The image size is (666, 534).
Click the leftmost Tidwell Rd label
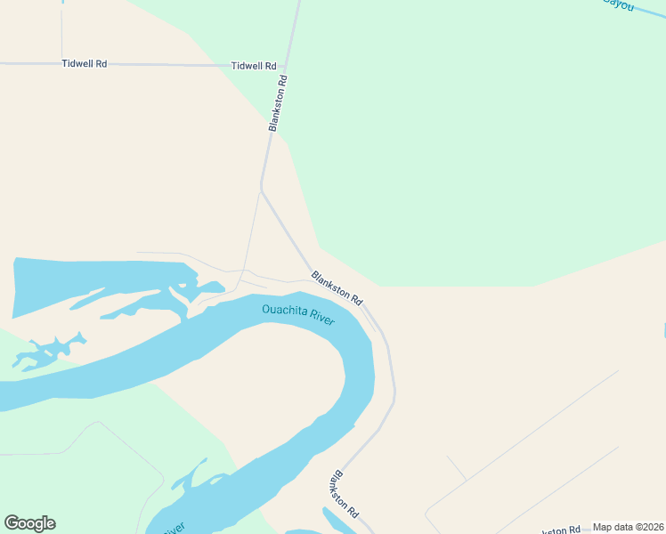(x=84, y=64)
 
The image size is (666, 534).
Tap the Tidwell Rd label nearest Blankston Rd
(x=254, y=66)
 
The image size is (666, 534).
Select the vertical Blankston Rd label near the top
(x=278, y=104)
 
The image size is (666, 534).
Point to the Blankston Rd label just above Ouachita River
(x=337, y=287)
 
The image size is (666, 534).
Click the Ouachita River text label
(x=298, y=314)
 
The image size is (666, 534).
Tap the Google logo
(x=29, y=523)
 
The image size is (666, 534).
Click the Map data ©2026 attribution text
(x=628, y=527)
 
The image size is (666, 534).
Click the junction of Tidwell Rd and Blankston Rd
(x=288, y=66)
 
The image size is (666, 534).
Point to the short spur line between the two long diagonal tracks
(x=456, y=468)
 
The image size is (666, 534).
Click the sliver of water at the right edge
(x=663, y=331)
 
